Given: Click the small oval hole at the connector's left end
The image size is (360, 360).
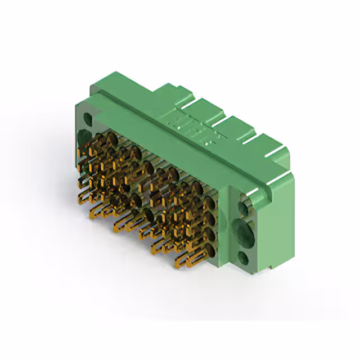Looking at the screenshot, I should pyautogui.click(x=88, y=119).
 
